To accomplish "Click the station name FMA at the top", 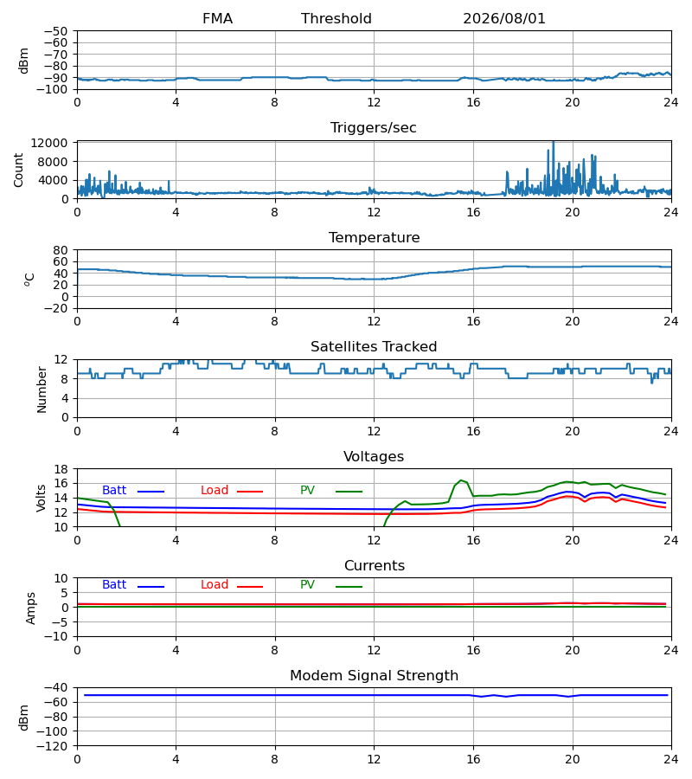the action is click(x=217, y=19).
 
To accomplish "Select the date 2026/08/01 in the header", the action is click(x=503, y=19).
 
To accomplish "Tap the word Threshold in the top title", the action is click(x=336, y=19).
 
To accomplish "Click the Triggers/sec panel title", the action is click(x=374, y=128).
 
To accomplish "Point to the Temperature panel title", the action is click(x=374, y=237).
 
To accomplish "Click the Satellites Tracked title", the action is click(x=374, y=347).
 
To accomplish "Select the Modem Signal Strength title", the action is click(x=374, y=676).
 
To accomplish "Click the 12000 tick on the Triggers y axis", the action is click(x=49, y=143).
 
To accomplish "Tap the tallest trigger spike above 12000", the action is click(x=553, y=143).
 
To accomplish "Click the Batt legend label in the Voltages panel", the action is click(x=114, y=491).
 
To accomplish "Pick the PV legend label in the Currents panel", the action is click(x=307, y=585).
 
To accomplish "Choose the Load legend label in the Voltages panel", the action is click(x=215, y=491).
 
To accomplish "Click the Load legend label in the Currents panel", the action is click(x=215, y=585).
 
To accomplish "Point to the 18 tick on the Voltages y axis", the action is click(x=61, y=469).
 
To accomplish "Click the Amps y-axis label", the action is click(x=31, y=608).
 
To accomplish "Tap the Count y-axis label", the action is click(x=18, y=170).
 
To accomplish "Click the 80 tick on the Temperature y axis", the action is click(x=61, y=250).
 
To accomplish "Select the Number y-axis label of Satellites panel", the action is click(x=42, y=389).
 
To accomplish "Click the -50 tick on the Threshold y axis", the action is click(x=55, y=31).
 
